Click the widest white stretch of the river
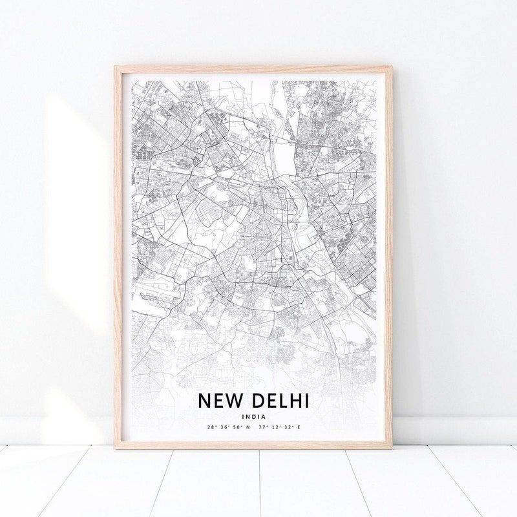[283, 155]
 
